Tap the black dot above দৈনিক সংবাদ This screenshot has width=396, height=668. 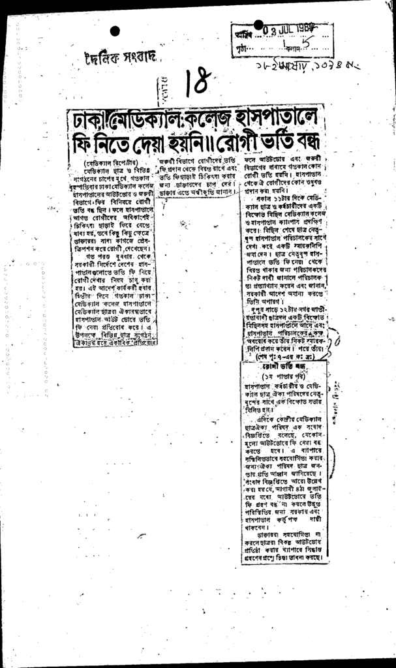pos(115,31)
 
